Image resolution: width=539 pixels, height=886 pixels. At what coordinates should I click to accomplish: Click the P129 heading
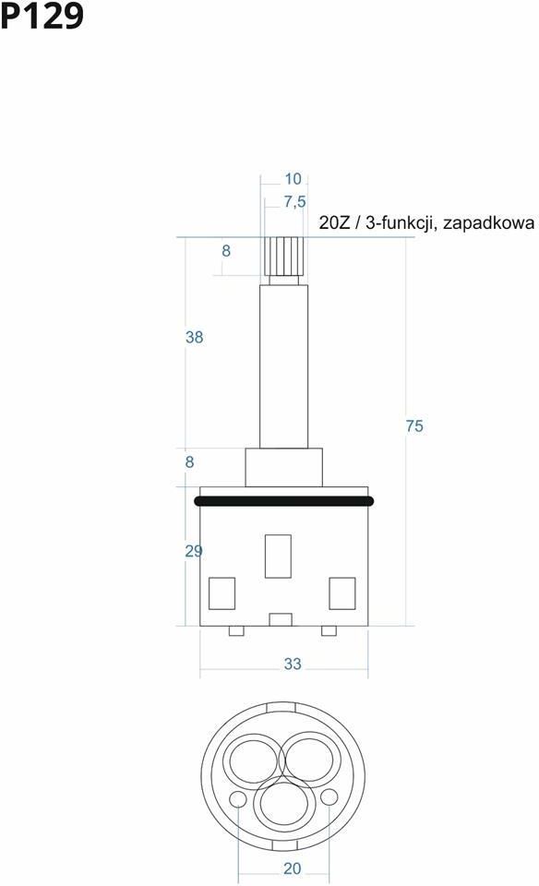click(x=42, y=16)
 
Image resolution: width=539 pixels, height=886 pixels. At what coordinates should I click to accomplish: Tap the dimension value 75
click(x=414, y=426)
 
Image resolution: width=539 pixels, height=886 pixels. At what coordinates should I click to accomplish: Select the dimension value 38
click(x=194, y=338)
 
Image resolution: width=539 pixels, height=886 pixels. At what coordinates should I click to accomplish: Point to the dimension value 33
click(x=292, y=664)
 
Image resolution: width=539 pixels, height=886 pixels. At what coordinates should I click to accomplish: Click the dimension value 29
click(x=194, y=551)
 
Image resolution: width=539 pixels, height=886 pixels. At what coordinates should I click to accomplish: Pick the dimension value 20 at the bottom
click(x=292, y=868)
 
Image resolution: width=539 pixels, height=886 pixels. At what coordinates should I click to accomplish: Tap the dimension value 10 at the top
click(x=293, y=179)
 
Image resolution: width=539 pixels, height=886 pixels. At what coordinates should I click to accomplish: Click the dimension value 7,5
click(x=294, y=202)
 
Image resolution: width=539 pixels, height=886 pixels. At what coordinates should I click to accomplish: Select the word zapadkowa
click(x=488, y=223)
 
